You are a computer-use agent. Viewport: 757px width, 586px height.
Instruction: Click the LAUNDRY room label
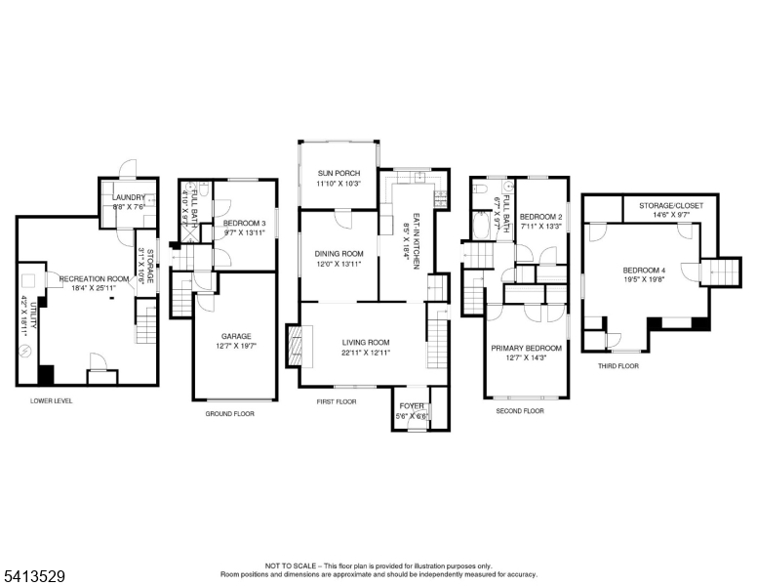click(x=129, y=197)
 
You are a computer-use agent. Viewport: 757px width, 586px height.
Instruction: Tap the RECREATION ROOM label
click(x=94, y=279)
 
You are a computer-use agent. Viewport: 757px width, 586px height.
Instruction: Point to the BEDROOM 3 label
click(x=244, y=224)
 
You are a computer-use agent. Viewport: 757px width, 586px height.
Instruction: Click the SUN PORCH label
click(x=339, y=173)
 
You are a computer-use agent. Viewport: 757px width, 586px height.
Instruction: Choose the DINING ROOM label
click(x=339, y=254)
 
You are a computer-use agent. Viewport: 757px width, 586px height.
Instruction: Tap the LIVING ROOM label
click(x=366, y=342)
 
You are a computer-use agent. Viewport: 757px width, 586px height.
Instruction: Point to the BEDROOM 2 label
click(x=540, y=217)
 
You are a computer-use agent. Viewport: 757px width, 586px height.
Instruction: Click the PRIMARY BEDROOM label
click(x=527, y=348)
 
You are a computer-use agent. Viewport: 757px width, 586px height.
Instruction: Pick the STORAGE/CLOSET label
click(x=671, y=206)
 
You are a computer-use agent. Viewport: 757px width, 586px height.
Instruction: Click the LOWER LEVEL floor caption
click(x=51, y=401)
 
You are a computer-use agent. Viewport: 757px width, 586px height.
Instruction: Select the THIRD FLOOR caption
click(x=618, y=365)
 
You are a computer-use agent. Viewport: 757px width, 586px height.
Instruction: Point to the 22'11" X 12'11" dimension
click(x=366, y=353)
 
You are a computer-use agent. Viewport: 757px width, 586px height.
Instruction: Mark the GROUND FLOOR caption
click(x=229, y=413)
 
